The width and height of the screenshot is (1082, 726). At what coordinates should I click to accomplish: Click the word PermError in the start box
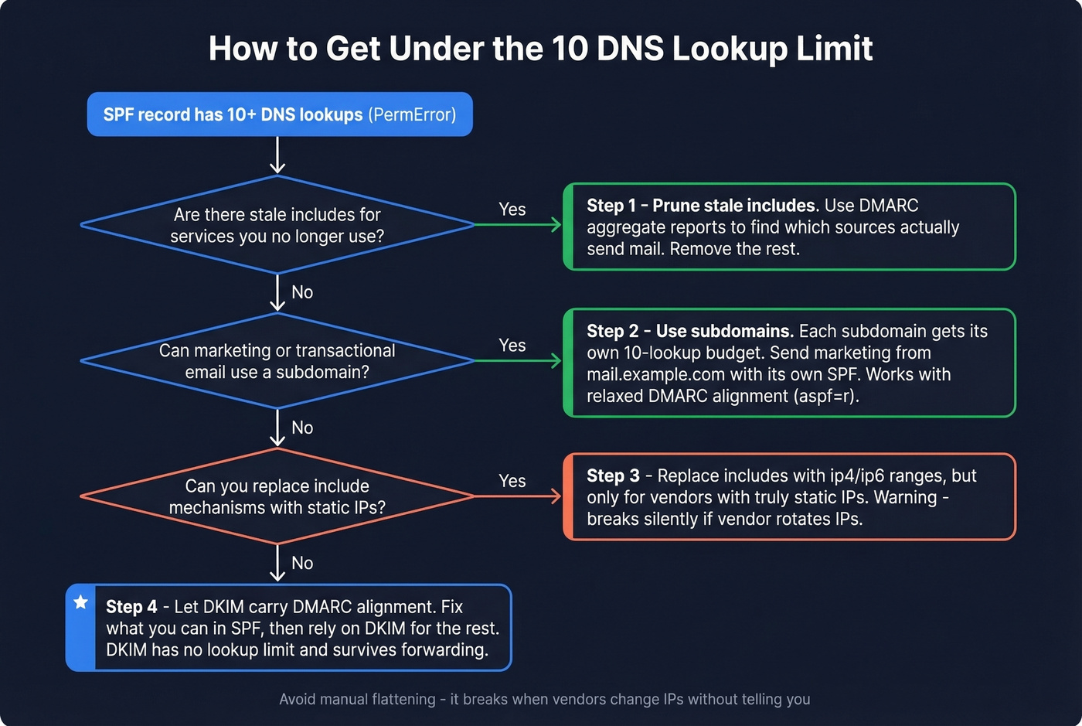pos(411,114)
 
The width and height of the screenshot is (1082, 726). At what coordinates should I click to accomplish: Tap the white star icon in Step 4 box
pos(80,602)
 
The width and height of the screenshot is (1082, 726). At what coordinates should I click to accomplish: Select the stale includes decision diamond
pos(277,225)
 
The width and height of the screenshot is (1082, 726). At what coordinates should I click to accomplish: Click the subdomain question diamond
pos(277,361)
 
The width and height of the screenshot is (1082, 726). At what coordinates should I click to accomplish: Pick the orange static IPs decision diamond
pos(277,496)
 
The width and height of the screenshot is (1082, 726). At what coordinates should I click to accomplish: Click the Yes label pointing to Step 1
pos(512,210)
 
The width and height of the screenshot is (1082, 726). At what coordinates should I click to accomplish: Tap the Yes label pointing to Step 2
pos(512,346)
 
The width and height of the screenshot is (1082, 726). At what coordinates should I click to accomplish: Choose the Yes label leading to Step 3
pos(512,481)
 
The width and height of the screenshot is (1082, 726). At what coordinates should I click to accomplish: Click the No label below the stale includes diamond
pos(302,292)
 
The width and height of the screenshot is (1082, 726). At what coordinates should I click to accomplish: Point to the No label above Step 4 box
pos(302,563)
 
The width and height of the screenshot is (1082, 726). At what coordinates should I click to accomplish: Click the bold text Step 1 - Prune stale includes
pos(701,206)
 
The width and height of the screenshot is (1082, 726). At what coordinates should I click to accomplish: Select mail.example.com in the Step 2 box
pos(655,374)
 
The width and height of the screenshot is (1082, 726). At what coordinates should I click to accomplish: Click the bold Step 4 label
pos(131,607)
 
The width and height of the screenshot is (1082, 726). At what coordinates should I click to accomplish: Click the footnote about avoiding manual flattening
pos(544,699)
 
